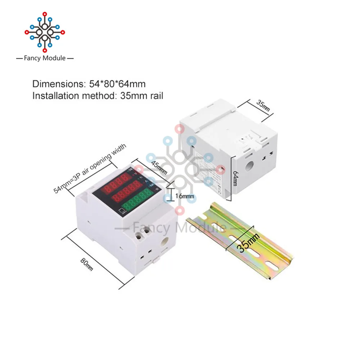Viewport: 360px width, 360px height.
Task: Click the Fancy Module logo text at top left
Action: [45, 58]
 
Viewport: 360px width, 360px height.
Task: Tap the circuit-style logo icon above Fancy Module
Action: [45, 32]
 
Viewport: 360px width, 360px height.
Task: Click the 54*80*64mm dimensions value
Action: [117, 84]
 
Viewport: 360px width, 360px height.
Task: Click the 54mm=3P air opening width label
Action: [90, 168]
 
